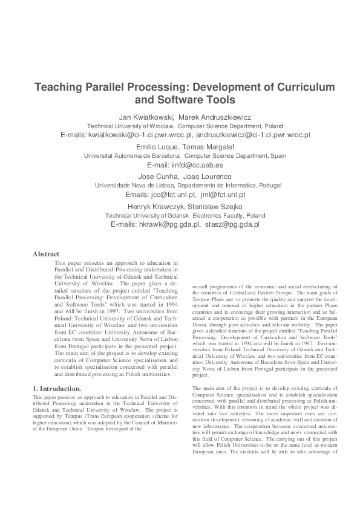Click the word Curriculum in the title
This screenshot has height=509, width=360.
pos(301,87)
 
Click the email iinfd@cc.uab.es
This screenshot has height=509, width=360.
pos(185,164)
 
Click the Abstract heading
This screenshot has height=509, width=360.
pos(46,254)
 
